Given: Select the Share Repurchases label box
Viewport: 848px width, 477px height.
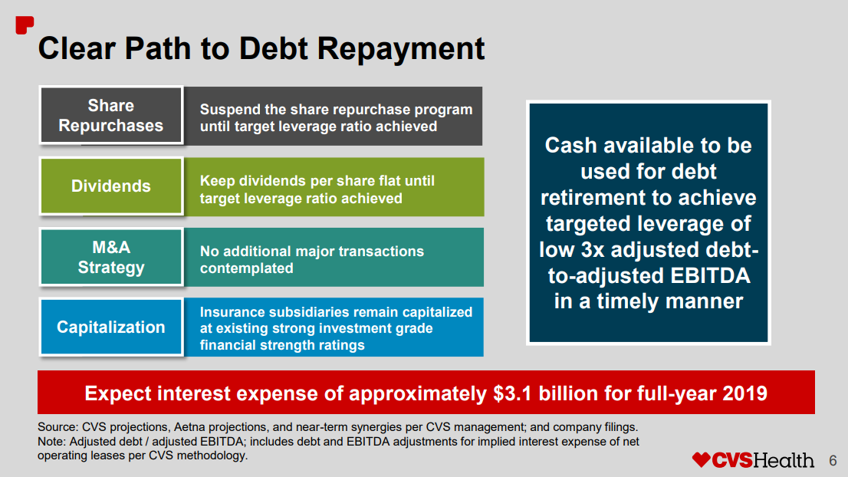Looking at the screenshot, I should pos(111,116).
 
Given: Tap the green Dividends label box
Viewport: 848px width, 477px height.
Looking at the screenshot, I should pos(111,186).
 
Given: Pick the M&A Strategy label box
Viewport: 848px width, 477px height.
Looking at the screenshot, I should pos(111,257).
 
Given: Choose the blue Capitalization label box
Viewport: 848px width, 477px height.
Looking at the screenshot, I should pos(111,327).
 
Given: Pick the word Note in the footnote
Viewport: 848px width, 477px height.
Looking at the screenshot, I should pos(51,442).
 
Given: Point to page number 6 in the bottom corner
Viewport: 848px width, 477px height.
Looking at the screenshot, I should pos(833,461).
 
